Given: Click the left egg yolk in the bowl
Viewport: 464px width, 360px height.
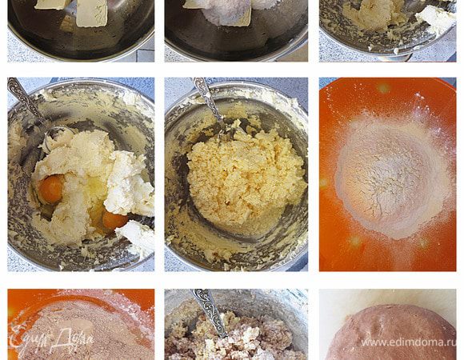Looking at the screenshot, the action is [51, 190].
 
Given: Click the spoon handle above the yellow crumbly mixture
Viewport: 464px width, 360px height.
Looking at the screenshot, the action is [208, 100].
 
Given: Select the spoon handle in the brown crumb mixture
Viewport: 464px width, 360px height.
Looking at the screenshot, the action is [210, 313].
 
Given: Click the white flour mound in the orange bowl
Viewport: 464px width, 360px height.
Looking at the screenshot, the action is [394, 178].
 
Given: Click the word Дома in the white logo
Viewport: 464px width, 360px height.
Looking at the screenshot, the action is [72, 339].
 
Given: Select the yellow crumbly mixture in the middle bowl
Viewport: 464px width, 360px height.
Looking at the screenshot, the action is [246, 177].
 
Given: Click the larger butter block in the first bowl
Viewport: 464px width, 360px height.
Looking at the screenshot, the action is [92, 13].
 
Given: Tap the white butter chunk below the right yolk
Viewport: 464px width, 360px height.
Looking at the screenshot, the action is [137, 237].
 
